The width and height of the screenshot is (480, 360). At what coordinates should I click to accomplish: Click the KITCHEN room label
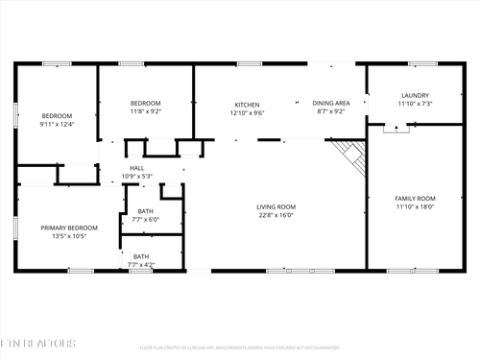point(248,104)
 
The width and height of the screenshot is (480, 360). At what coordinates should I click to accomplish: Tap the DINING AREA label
point(331,103)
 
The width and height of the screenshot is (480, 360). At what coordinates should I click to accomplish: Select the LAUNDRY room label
point(415,95)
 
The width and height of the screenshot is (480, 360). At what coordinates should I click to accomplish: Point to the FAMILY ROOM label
point(415,198)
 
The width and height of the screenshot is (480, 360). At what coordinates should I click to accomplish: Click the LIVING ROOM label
point(276,206)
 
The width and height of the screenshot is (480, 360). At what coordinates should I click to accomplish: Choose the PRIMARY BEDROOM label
point(69,228)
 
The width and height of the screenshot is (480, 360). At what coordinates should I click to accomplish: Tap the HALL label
point(136,168)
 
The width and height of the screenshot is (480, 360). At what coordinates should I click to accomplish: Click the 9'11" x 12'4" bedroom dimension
point(57,124)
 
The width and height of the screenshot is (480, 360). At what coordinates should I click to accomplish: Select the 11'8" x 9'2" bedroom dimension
point(145,111)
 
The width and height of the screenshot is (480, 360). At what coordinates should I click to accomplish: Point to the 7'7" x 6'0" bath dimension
point(145,219)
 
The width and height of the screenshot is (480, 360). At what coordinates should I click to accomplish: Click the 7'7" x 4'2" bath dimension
point(141,265)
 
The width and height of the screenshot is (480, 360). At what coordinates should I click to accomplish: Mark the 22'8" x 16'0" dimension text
point(276,215)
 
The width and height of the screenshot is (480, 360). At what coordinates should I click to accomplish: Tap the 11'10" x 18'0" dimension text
point(415,206)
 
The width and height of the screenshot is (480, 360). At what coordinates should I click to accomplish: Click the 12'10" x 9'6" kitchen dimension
point(248,112)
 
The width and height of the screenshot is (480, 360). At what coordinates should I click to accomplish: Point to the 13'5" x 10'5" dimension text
point(69,236)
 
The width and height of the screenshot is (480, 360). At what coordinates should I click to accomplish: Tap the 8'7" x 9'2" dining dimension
point(331,111)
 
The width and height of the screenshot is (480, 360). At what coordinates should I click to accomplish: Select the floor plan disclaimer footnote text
point(239,348)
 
